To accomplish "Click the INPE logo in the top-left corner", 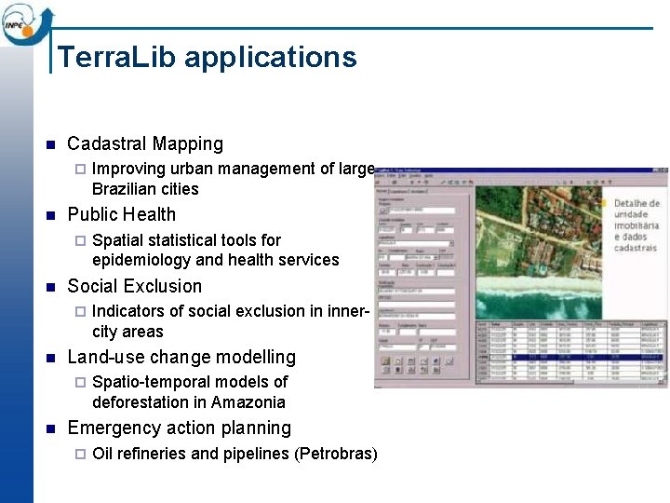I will [x=25, y=26].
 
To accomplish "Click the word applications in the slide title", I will [x=270, y=58].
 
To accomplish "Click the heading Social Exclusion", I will [x=134, y=286].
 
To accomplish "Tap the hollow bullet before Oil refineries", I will [x=79, y=455].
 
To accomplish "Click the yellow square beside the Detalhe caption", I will [x=602, y=202].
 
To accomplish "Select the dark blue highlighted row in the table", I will [x=571, y=356].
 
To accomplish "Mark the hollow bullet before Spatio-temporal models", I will [x=79, y=383].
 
